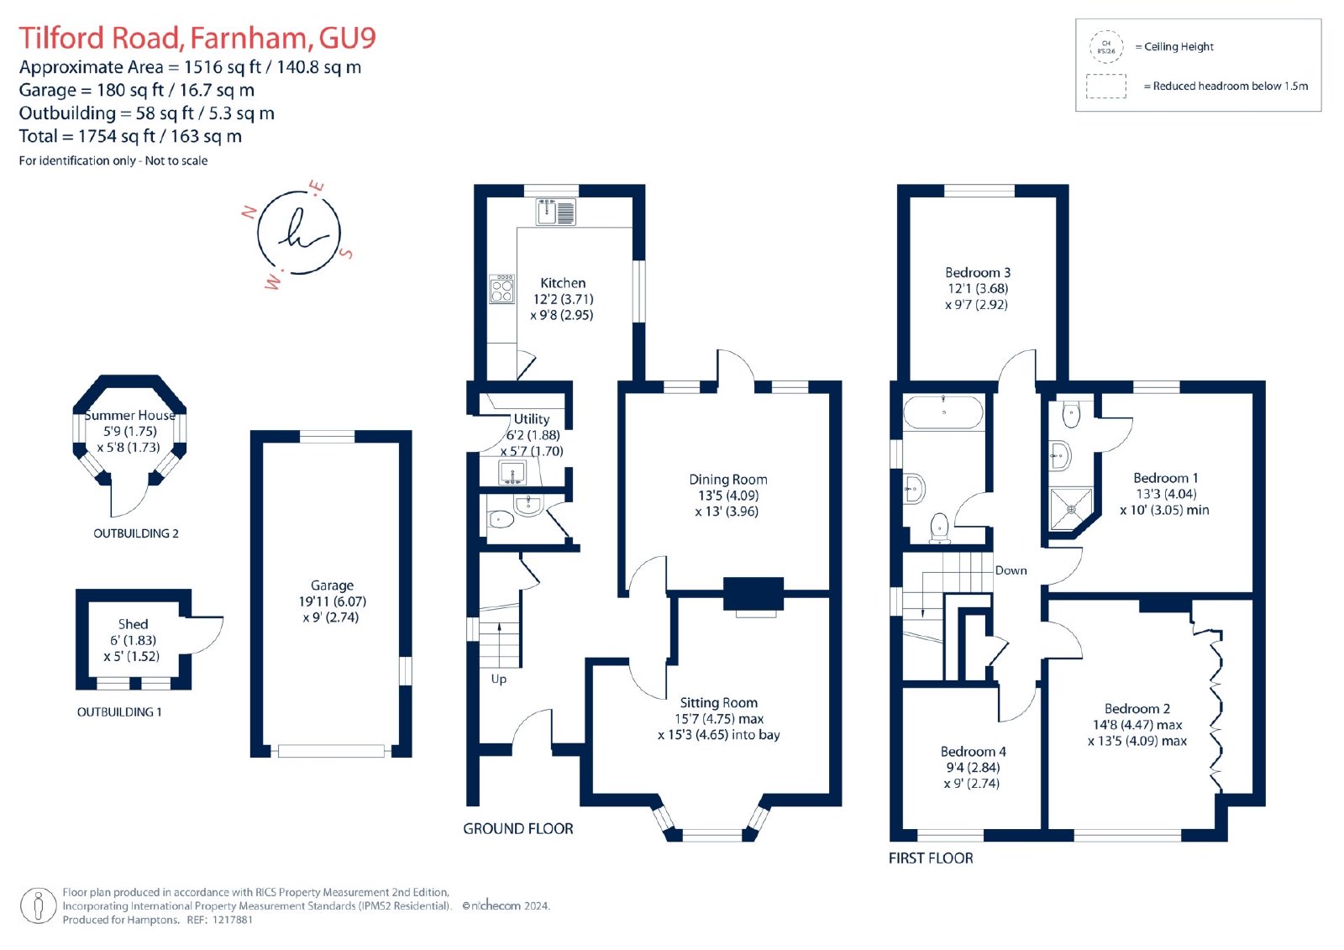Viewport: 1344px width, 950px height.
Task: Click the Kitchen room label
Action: (562, 283)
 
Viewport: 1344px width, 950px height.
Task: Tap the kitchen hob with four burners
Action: (501, 289)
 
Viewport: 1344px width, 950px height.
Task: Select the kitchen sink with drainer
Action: (555, 212)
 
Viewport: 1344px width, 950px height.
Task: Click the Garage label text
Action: (332, 585)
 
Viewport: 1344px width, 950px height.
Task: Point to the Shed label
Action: (133, 624)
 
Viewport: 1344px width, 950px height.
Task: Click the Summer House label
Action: (129, 415)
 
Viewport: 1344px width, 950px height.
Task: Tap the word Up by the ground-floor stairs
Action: (499, 680)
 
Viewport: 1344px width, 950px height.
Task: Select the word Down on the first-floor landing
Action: (1011, 570)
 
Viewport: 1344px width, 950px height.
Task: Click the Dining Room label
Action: (727, 480)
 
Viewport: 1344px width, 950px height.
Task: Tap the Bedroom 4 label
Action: (973, 752)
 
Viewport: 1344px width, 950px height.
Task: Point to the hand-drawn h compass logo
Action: (299, 233)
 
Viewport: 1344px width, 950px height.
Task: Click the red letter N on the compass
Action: (249, 212)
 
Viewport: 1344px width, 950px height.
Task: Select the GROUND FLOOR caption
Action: (517, 829)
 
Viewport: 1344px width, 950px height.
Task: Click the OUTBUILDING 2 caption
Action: (135, 533)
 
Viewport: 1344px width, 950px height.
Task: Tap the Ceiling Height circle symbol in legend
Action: (1105, 47)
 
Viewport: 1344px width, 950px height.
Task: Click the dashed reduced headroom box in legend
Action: (1105, 86)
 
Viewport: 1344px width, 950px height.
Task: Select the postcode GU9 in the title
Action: (348, 38)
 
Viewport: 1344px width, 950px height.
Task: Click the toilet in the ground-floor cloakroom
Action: (501, 518)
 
